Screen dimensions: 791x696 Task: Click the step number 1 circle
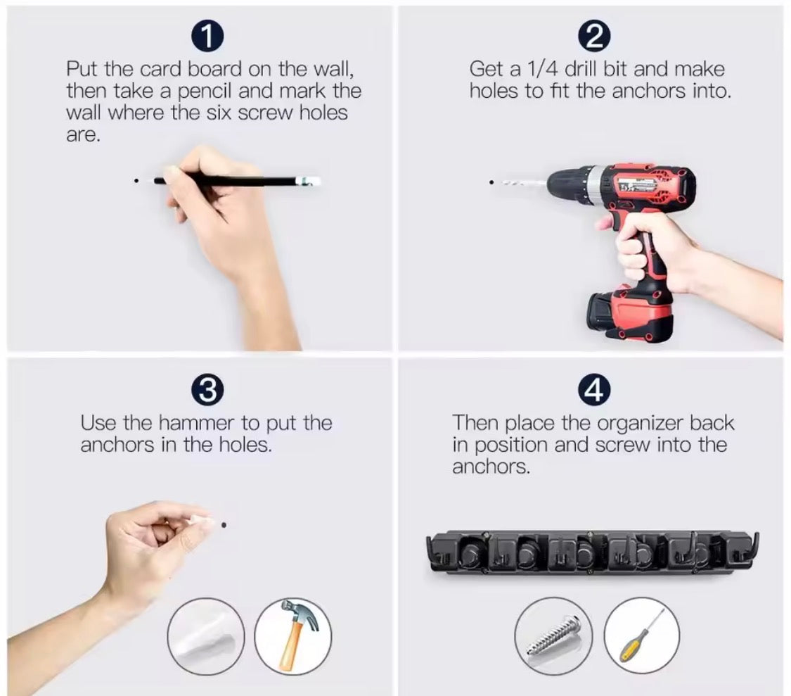coord(207,37)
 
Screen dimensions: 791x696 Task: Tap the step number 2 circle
coord(595,37)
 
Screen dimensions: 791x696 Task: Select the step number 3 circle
coord(207,390)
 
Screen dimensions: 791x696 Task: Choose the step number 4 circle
coord(594,390)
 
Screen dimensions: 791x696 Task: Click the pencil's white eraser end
coord(308,181)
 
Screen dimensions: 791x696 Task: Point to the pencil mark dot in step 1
coord(136,180)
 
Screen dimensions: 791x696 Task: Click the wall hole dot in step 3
coord(224,525)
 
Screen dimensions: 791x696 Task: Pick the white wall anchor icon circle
coord(206,636)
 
